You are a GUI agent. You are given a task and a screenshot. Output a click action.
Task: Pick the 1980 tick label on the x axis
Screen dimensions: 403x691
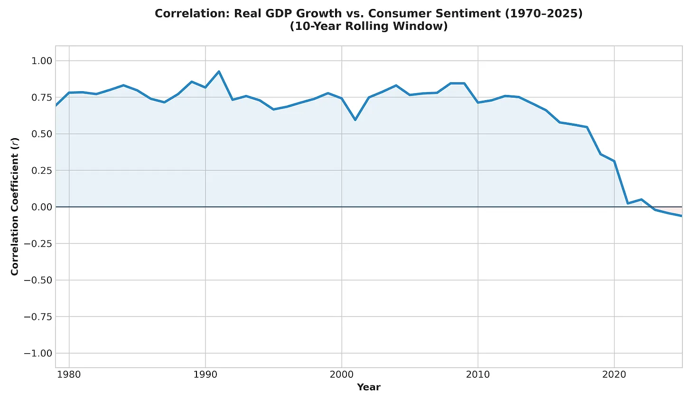[69, 375]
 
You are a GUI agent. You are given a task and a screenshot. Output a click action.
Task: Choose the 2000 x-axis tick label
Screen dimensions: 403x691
[342, 375]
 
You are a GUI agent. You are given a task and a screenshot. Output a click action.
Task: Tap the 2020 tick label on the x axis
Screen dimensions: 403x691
[614, 375]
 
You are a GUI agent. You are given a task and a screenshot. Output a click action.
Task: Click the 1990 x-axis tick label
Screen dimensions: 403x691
[205, 375]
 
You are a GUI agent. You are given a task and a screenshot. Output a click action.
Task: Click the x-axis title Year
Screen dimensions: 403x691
[369, 387]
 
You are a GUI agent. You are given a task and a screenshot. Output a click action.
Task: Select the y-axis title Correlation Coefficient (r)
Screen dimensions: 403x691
[15, 206]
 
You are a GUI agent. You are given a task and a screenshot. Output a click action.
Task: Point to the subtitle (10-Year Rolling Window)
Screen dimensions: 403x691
[369, 27]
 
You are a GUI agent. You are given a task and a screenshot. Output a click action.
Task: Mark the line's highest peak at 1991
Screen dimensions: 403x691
[219, 72]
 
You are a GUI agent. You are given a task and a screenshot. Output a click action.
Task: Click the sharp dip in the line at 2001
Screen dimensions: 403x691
[355, 120]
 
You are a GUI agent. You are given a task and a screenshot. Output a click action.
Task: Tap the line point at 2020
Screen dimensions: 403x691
[614, 161]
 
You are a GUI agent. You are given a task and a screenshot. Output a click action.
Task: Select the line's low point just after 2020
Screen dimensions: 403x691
[628, 203]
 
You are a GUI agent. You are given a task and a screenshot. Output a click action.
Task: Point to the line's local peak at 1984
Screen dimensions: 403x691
[123, 85]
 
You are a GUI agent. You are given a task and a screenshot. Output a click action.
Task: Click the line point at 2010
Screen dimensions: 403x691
[478, 103]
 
